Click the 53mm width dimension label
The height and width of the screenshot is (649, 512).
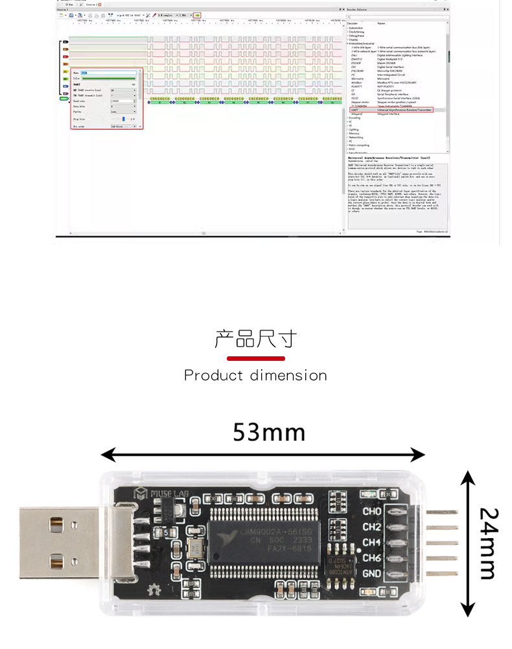click(269, 432)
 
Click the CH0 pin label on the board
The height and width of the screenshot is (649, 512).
click(372, 511)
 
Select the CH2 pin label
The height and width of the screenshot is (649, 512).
click(372, 527)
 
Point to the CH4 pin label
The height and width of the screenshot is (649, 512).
click(372, 543)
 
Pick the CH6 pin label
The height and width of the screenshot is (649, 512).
click(372, 558)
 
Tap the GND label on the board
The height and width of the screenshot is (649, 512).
click(372, 574)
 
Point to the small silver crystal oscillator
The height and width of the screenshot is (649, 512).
click(194, 547)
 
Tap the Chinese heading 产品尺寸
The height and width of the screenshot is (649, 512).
click(255, 339)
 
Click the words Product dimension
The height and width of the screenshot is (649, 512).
click(255, 375)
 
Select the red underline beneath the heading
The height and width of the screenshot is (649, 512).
click(255, 358)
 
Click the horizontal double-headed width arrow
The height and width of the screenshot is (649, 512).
click(262, 454)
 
